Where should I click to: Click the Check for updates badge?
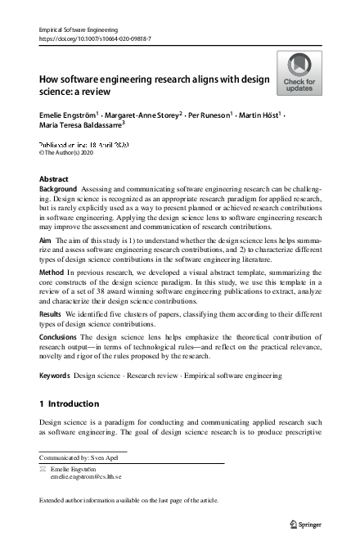[299, 72]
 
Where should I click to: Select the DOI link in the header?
[97, 38]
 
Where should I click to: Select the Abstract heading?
[54, 178]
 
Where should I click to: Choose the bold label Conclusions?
[60, 335]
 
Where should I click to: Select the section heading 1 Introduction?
[70, 403]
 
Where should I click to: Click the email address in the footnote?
[86, 475]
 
